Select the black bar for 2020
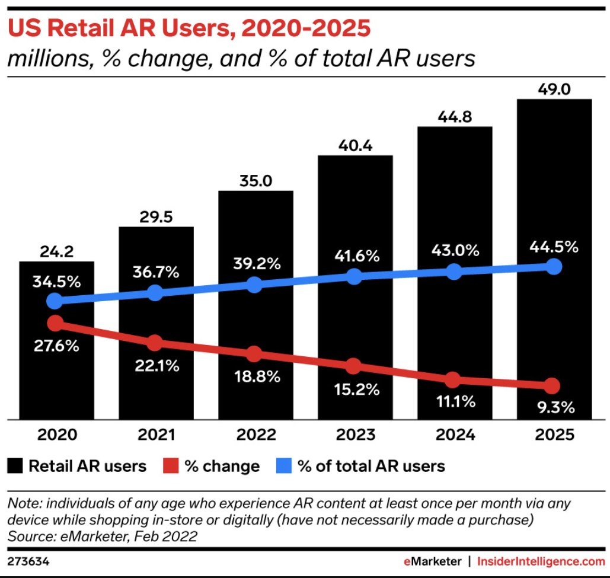56,368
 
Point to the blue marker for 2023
354,276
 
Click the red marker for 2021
155,343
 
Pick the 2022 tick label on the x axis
256,435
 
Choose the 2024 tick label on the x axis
454,435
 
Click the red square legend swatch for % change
170,466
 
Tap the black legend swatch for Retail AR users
17,466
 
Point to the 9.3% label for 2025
553,408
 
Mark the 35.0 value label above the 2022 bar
256,181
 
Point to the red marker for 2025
552,386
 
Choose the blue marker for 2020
55,301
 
